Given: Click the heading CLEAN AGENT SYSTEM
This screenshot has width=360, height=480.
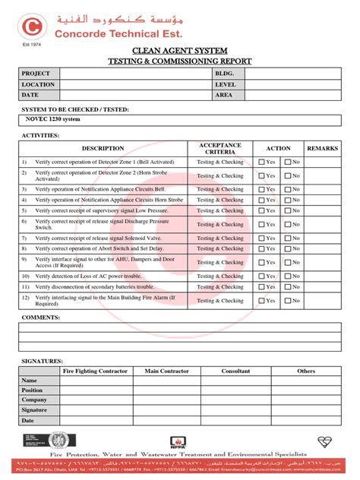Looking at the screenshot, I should point(179,50).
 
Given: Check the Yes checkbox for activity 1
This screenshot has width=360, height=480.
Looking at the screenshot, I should point(262,163).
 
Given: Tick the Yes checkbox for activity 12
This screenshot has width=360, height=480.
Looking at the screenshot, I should point(262,301).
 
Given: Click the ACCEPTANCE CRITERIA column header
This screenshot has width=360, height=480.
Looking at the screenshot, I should point(220,148).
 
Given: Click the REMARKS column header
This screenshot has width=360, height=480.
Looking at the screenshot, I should point(322,148).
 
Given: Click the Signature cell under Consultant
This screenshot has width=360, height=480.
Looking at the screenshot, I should point(235,409).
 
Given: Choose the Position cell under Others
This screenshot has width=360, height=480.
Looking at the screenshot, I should point(306,390).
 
